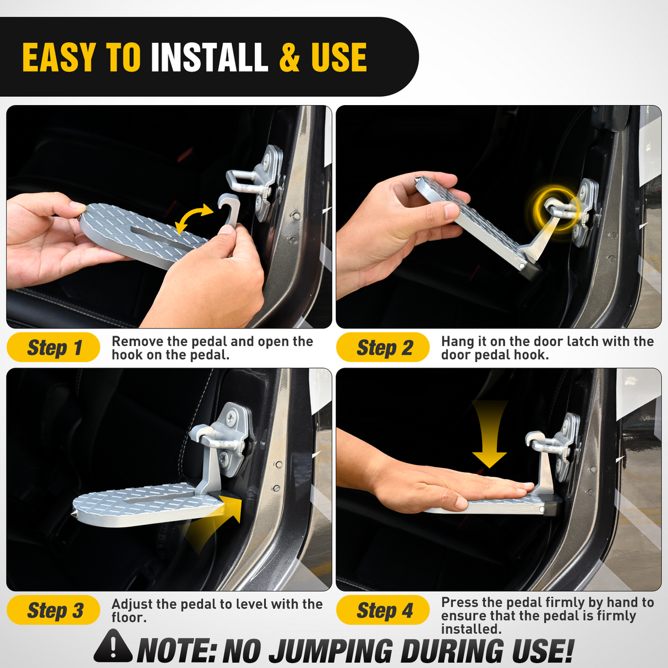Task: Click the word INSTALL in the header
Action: [209, 58]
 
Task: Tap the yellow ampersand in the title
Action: [289, 58]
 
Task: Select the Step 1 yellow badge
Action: [53, 348]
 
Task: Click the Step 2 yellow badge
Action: [383, 348]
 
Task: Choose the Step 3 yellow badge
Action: [53, 610]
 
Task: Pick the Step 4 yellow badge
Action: [383, 610]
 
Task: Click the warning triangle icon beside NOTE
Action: [113, 647]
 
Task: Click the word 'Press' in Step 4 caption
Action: [459, 603]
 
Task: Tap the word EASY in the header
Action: [59, 58]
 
